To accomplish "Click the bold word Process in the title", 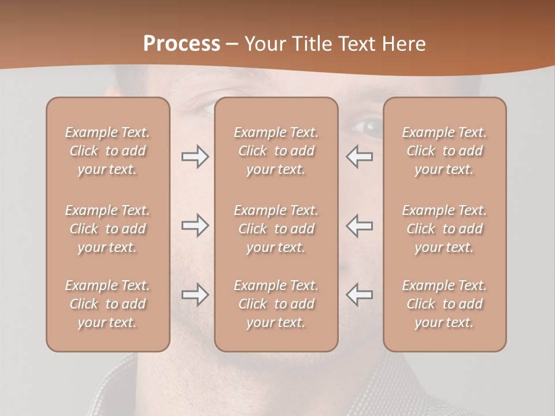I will click(182, 44).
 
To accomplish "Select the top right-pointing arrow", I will click(195, 157).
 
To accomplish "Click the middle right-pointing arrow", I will click(195, 225).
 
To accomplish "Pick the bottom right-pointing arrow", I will click(195, 295).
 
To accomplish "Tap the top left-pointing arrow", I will click(359, 157).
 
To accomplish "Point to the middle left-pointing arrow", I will click(359, 225).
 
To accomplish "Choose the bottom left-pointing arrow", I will click(359, 295).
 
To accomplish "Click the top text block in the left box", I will click(108, 151).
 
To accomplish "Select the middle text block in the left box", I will click(108, 229).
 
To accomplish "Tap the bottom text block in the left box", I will click(108, 304).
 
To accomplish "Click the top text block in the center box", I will click(276, 151).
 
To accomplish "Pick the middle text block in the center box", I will click(276, 229).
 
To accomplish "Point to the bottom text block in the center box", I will click(276, 304).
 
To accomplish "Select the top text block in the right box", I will click(445, 151).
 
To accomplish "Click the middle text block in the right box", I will click(445, 229).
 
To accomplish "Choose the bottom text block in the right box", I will click(445, 304).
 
